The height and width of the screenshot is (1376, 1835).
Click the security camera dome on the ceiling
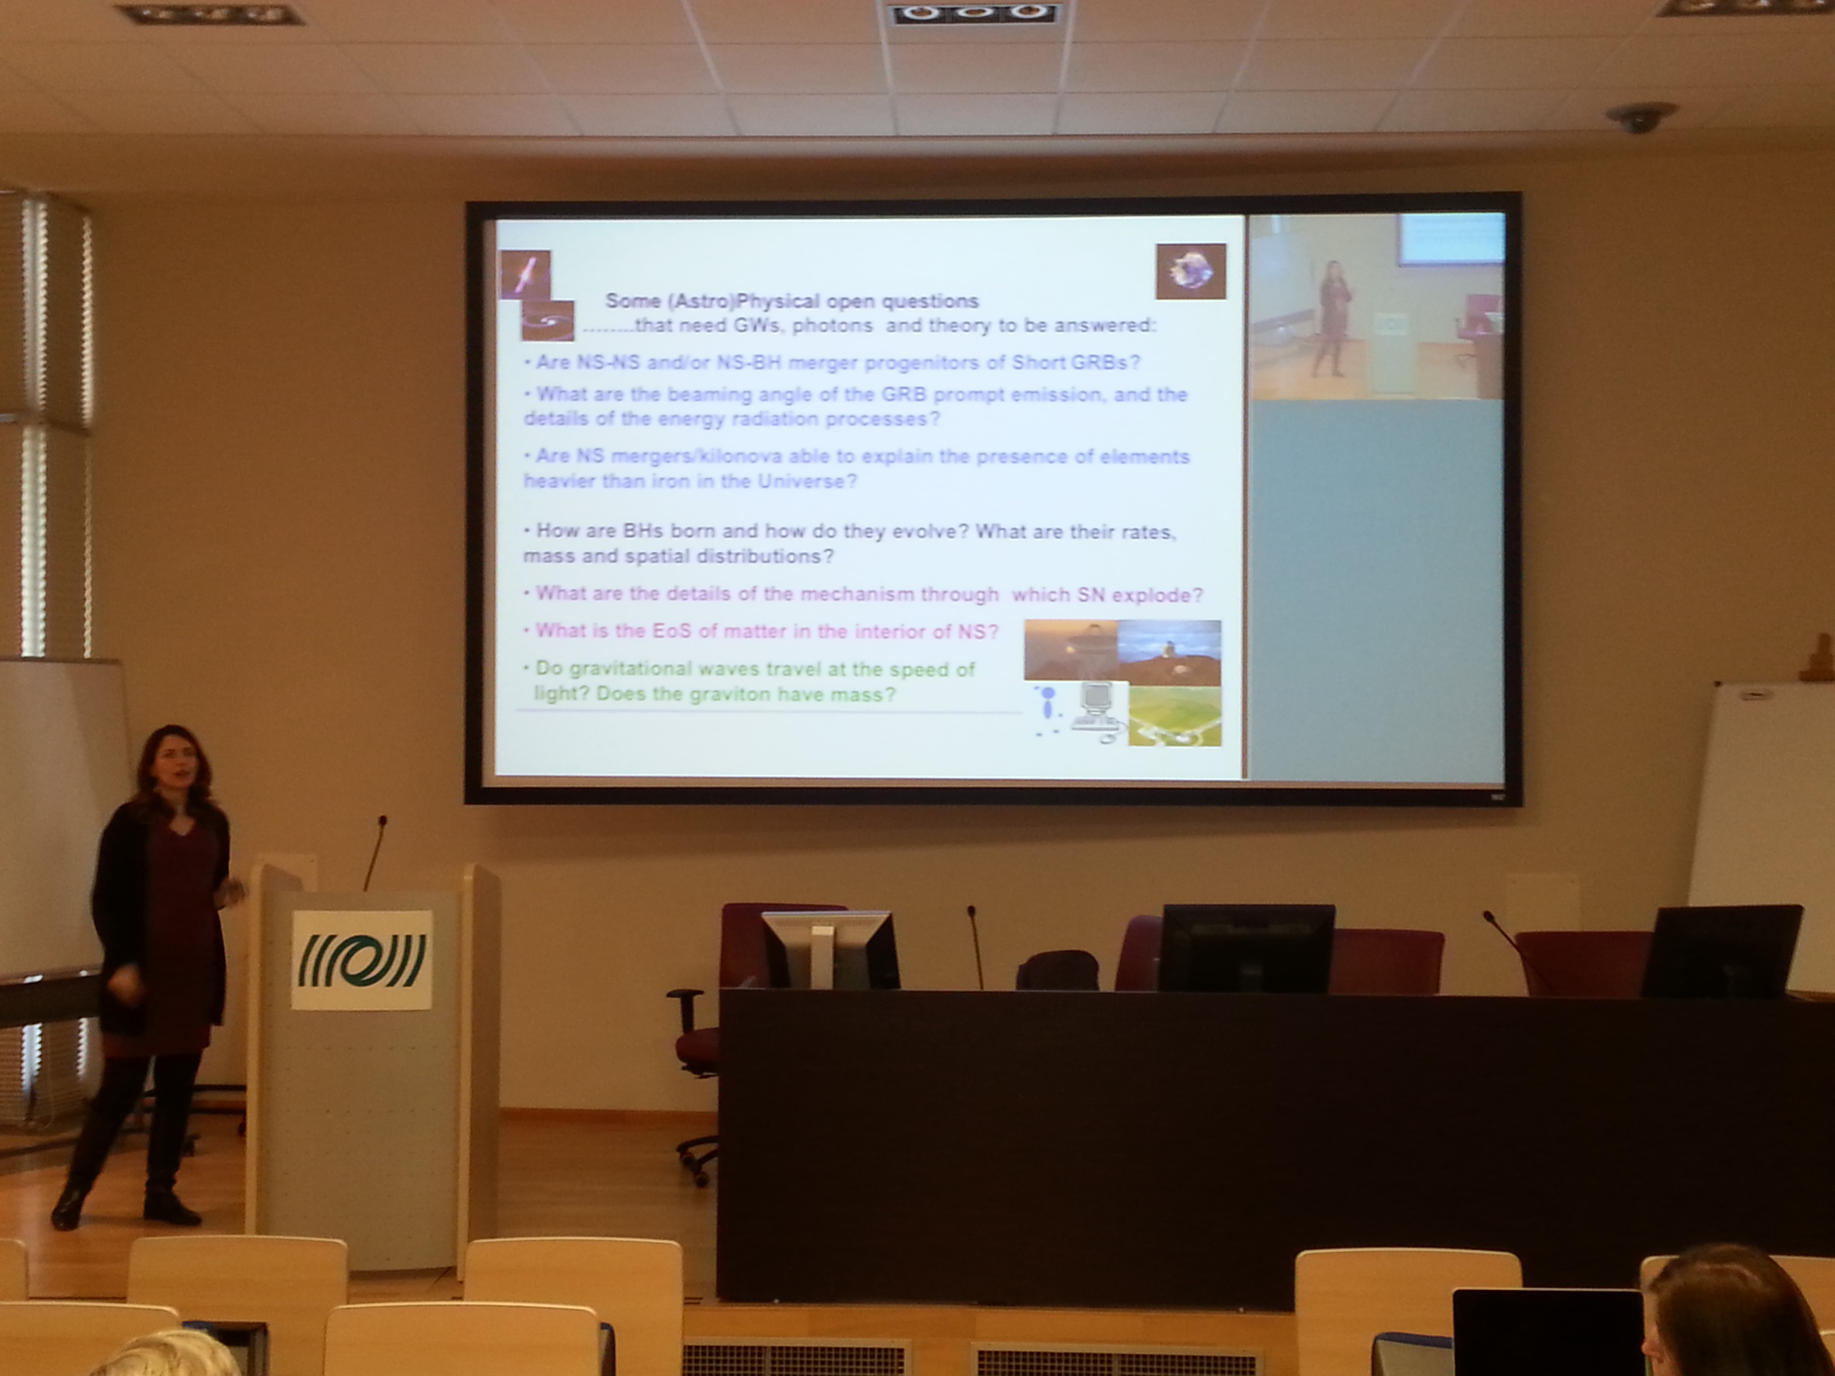(1639, 119)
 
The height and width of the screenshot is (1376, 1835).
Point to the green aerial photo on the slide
(1174, 716)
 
